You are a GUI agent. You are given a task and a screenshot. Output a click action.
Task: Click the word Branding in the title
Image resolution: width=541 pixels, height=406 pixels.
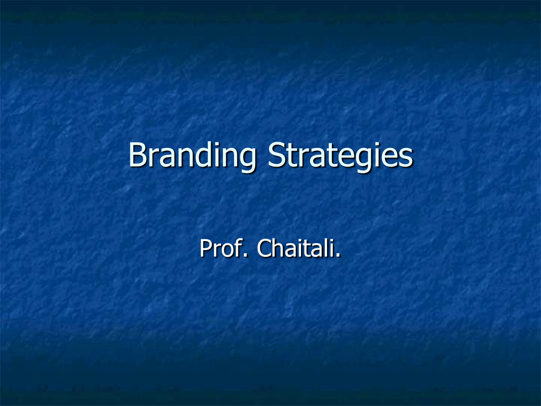(x=192, y=156)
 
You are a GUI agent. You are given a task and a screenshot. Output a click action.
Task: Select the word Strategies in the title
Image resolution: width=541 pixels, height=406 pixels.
(x=340, y=156)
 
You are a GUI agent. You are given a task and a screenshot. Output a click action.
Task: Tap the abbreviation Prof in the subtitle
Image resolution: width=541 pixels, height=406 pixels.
(x=220, y=248)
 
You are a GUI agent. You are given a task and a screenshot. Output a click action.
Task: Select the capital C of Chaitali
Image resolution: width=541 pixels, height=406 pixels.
(x=264, y=248)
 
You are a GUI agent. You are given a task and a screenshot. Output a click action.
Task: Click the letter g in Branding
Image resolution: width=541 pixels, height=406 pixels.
(x=247, y=160)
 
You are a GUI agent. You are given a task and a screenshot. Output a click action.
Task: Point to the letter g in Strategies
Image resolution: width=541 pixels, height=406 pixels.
(x=359, y=160)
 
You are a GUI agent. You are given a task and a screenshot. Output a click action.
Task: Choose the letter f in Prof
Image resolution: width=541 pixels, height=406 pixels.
(x=237, y=247)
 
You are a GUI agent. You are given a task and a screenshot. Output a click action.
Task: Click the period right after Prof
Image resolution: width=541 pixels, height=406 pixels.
(x=245, y=255)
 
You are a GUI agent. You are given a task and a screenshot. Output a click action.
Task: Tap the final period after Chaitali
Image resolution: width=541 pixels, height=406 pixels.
(x=338, y=255)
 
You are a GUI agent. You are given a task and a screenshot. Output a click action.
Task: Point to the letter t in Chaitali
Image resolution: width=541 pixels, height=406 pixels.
(x=312, y=248)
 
